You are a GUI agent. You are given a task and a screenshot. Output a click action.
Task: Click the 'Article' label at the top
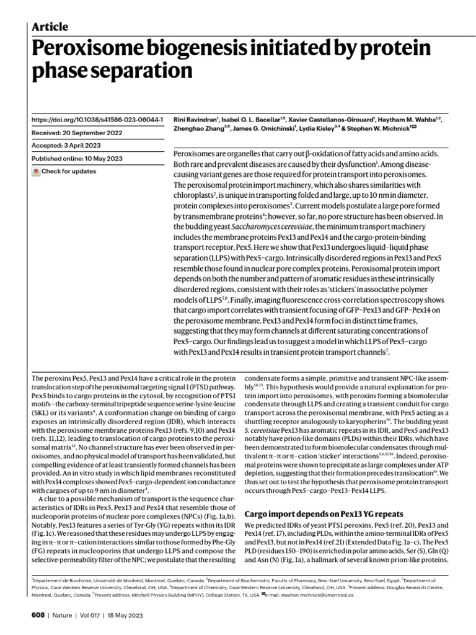pyautogui.click(x=49, y=26)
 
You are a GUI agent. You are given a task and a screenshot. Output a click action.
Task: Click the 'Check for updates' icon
pyautogui.click(x=35, y=171)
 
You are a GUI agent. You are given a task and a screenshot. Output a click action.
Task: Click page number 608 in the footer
pyautogui.click(x=38, y=616)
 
